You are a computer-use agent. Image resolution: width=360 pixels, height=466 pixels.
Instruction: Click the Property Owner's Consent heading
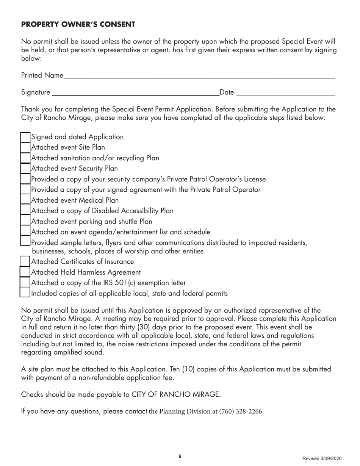(x=78, y=25)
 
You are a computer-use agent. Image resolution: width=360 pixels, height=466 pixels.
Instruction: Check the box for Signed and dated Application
(x=25, y=137)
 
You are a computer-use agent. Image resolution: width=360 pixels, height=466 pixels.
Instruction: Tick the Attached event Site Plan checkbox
(x=25, y=147)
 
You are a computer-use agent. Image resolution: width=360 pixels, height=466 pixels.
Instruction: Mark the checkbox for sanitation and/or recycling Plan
(x=25, y=158)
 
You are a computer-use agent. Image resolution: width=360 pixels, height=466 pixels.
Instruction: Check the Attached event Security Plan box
(x=25, y=168)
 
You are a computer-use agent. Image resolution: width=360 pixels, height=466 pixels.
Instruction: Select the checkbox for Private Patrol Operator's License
(x=25, y=179)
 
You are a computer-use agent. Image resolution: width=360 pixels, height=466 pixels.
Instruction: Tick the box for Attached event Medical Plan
(x=25, y=200)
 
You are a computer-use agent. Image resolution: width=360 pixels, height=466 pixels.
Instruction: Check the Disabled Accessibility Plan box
(x=25, y=210)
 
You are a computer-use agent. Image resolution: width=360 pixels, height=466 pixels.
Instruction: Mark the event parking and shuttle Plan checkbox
(x=25, y=221)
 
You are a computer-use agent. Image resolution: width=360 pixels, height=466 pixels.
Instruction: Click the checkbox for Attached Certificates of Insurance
(x=25, y=261)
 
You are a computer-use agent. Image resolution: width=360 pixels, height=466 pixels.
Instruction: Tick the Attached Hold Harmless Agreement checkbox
(x=25, y=272)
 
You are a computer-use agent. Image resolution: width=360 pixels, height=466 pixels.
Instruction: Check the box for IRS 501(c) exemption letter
(x=25, y=282)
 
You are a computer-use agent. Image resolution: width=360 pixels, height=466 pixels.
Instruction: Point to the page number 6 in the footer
(x=180, y=456)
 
